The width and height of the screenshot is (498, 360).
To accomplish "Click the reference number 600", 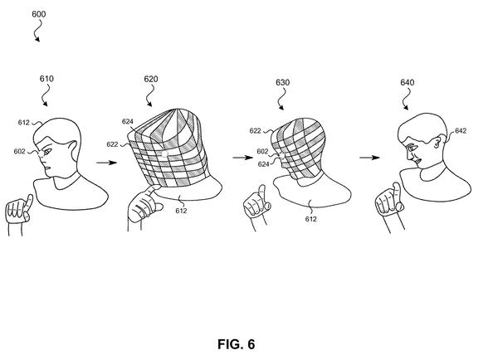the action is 38,14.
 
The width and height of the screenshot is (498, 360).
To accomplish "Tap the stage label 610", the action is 46,79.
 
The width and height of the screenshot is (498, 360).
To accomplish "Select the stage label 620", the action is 151,79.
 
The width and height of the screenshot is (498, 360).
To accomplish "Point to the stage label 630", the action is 282,83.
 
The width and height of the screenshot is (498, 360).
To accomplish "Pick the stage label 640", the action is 407,83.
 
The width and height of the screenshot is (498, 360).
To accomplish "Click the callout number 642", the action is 460,131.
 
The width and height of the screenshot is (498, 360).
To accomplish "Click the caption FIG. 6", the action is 236,344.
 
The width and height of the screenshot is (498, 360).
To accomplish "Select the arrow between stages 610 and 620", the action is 107,163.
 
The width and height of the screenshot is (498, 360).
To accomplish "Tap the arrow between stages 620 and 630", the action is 242,157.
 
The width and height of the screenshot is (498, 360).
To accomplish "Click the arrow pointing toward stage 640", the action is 369,157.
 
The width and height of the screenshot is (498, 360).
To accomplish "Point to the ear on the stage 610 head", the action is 73,150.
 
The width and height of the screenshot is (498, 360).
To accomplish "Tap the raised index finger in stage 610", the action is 28,203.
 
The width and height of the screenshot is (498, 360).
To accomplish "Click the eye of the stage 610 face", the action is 48,152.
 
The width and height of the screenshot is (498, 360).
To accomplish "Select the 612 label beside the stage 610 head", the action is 23,123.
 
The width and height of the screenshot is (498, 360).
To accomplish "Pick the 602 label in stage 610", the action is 19,152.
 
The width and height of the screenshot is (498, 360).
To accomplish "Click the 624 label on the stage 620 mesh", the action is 127,122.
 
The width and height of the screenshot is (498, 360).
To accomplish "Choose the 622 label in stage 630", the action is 255,131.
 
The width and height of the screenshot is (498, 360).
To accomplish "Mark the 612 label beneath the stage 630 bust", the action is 310,219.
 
